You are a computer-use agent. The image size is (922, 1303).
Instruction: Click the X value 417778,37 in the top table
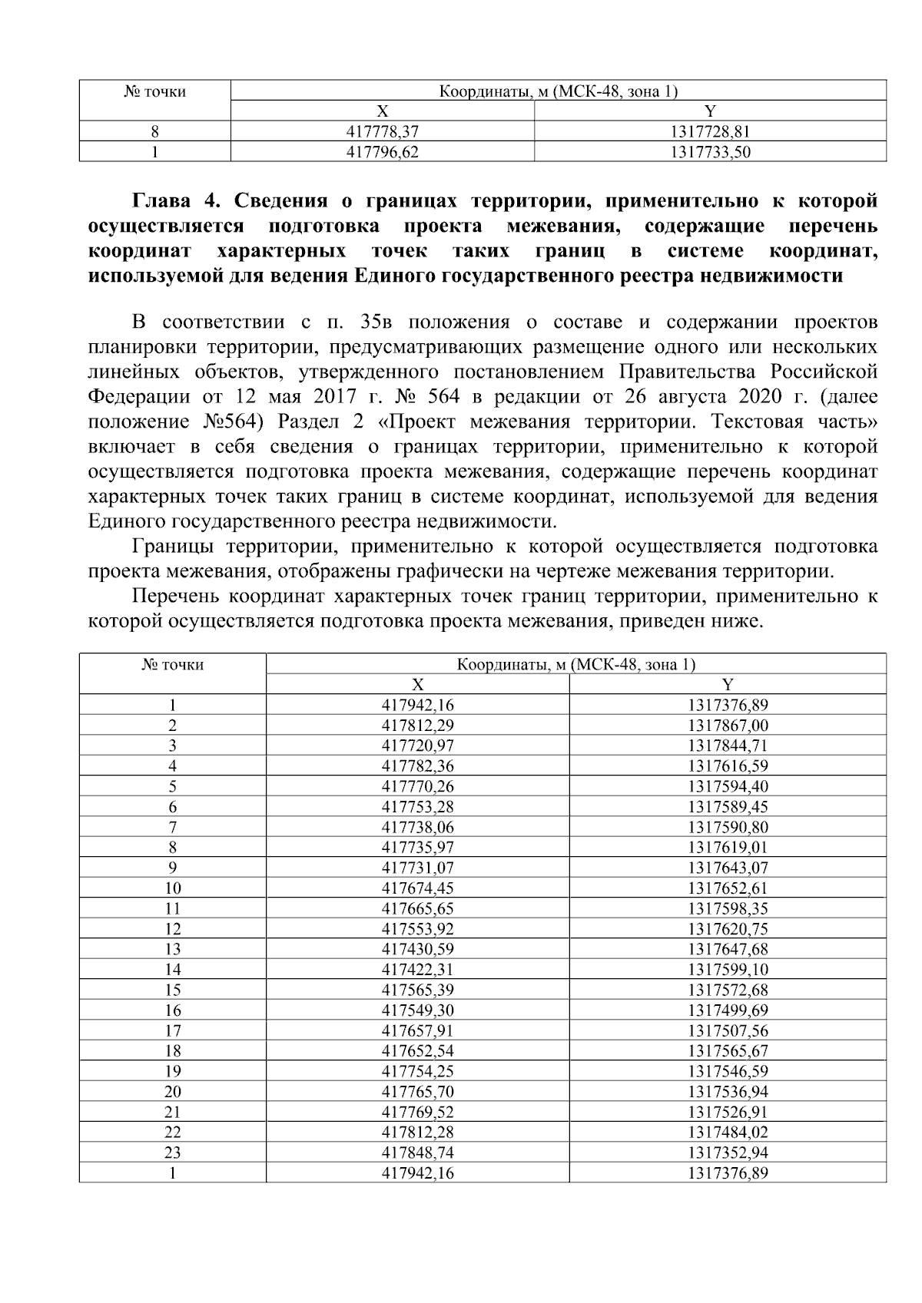[383, 132]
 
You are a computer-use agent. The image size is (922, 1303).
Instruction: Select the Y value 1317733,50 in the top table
[710, 152]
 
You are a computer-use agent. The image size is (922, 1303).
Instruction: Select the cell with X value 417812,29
[417, 726]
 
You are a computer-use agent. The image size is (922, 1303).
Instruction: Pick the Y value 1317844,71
[728, 746]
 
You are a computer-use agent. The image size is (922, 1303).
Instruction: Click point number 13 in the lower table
[173, 949]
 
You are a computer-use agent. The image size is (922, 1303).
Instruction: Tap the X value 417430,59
[417, 949]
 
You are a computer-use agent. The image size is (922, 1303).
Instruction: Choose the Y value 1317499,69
[728, 1010]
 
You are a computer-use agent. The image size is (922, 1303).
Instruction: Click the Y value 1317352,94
[728, 1153]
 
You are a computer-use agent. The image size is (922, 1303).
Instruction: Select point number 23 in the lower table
[173, 1153]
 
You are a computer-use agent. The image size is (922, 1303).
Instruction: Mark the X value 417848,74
[417, 1153]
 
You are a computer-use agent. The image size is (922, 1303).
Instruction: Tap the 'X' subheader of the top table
[382, 112]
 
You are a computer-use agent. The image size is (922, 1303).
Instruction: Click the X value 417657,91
[417, 1030]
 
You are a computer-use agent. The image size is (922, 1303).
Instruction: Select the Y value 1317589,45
[728, 807]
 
